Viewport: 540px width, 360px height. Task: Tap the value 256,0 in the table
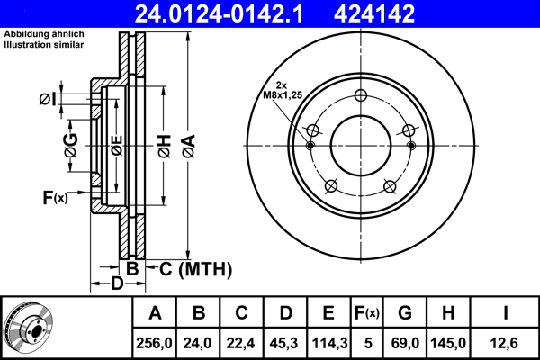click(155, 343)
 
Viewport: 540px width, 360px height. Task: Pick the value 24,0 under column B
click(198, 343)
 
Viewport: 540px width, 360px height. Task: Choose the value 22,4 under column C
click(241, 343)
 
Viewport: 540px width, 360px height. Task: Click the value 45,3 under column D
click(284, 343)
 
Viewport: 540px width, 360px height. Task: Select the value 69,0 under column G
click(404, 343)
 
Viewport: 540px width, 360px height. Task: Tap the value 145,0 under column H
click(449, 343)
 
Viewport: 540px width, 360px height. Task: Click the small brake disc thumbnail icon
click(28, 328)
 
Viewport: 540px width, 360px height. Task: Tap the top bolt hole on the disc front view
click(361, 97)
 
